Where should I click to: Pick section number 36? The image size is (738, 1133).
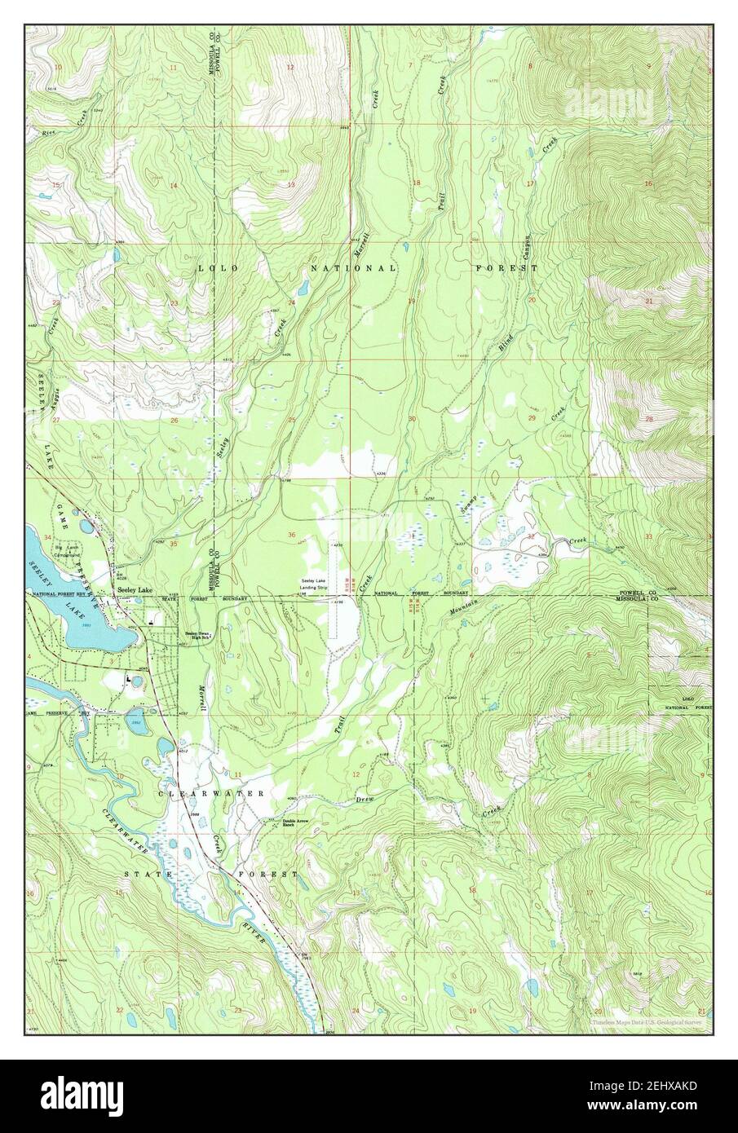click(x=292, y=535)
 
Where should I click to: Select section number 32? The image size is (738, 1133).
click(x=531, y=536)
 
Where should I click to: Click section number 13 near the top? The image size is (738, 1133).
click(x=291, y=185)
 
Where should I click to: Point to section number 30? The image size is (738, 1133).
click(x=413, y=419)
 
